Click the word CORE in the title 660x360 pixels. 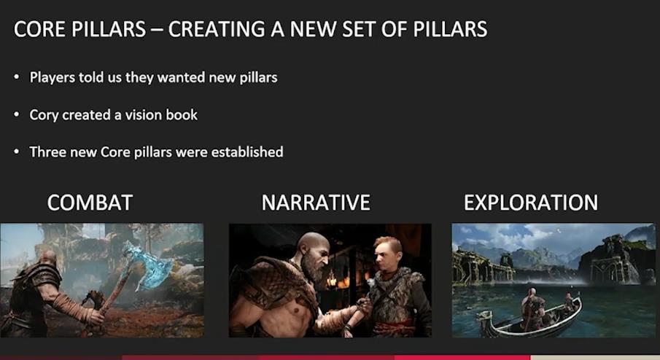pyautogui.click(x=39, y=29)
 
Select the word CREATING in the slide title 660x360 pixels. pyautogui.click(x=217, y=29)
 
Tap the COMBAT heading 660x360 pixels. pyautogui.click(x=90, y=203)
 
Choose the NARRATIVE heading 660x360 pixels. pyautogui.click(x=316, y=203)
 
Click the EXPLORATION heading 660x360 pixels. pyautogui.click(x=531, y=203)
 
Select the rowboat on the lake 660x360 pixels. pyautogui.click(x=531, y=318)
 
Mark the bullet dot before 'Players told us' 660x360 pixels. pyautogui.click(x=17, y=77)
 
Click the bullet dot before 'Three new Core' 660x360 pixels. pyautogui.click(x=17, y=152)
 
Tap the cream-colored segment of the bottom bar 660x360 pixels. pyautogui.click(x=595, y=358)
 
